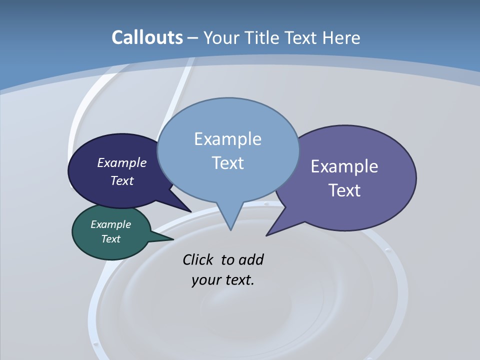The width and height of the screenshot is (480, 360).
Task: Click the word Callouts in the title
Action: pos(147,37)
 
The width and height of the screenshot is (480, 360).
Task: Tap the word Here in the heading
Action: pos(341,37)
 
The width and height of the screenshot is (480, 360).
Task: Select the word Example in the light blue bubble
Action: pos(227,139)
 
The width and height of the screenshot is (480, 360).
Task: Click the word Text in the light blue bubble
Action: pos(227,163)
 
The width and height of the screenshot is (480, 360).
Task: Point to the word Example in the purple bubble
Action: pos(344,166)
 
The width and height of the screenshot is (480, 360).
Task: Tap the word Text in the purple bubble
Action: pos(344,190)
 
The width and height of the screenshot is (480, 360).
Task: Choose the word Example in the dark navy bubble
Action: pos(122,163)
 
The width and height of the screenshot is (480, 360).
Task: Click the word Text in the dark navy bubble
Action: pos(122,180)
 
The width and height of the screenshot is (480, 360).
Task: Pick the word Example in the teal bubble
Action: pos(110,224)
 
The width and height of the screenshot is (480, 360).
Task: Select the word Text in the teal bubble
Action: pos(110,239)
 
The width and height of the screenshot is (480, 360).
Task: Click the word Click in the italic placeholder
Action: pos(197,259)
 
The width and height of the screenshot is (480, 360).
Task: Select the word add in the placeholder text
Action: pos(251,259)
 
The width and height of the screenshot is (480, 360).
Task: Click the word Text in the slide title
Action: pos(300,37)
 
